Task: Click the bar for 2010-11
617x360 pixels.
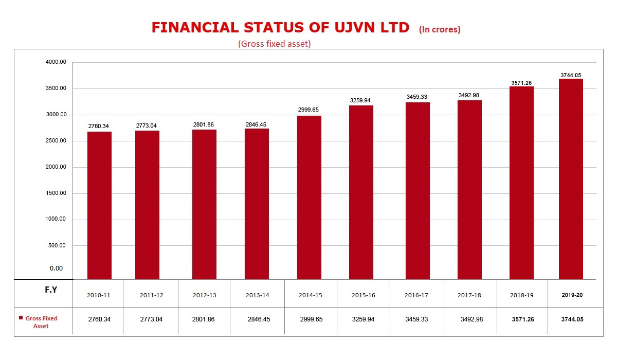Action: click(x=99, y=206)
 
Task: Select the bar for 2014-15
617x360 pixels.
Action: click(x=309, y=197)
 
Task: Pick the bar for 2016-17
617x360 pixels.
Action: click(x=418, y=191)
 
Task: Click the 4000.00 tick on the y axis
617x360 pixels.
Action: click(x=56, y=62)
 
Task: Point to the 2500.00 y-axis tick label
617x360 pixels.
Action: click(x=56, y=141)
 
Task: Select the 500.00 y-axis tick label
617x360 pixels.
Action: click(x=57, y=245)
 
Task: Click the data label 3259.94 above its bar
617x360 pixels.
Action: click(x=361, y=101)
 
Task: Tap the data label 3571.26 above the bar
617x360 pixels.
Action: click(x=522, y=83)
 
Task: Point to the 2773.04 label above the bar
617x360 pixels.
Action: click(x=148, y=126)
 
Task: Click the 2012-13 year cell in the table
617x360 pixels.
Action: click(x=204, y=295)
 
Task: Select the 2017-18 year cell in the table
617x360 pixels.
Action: click(x=469, y=295)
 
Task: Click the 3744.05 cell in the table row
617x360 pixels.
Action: click(x=572, y=319)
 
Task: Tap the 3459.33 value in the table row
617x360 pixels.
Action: click(x=417, y=319)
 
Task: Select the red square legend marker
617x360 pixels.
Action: click(x=20, y=318)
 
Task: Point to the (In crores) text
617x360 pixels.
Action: click(x=440, y=29)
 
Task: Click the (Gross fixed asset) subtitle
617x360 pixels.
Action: click(x=275, y=44)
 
